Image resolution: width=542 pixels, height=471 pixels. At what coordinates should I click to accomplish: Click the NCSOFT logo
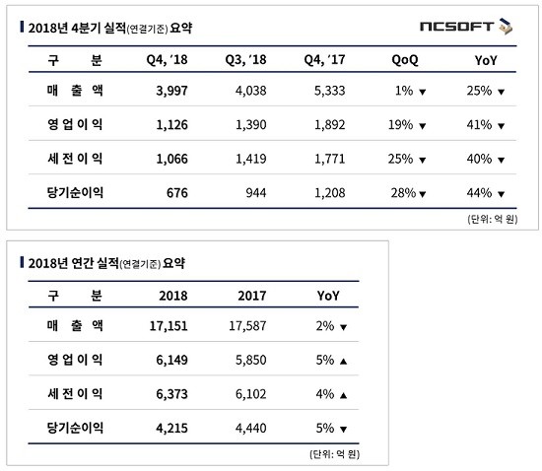pos(466,27)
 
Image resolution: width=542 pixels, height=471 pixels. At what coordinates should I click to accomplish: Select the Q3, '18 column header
pos(245,60)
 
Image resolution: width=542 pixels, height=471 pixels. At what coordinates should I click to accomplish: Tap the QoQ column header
pos(405,60)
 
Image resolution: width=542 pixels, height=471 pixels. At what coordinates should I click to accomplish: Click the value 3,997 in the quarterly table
pos(171,91)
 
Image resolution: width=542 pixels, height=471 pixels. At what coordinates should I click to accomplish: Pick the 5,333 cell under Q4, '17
pos(329,91)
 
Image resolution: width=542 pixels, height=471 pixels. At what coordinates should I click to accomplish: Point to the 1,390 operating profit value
pos(251,125)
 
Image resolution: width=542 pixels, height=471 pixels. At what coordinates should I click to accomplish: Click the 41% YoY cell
pos(479,125)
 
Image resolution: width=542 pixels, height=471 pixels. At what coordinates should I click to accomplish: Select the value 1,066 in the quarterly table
pos(171,159)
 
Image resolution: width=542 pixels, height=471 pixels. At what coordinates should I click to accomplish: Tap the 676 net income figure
pos(177,193)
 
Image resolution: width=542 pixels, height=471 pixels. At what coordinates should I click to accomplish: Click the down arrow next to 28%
pos(422,194)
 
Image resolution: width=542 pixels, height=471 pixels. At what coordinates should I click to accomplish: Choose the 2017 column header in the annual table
pos(252,296)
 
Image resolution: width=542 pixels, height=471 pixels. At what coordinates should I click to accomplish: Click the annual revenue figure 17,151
pos(169,326)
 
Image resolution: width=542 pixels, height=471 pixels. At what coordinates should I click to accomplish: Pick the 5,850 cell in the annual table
pos(251,360)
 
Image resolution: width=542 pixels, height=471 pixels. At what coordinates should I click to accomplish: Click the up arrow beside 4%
pos(343,395)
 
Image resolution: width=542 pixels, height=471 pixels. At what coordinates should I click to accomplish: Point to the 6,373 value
pos(171,394)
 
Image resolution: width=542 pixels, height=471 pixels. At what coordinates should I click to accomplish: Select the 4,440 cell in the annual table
pos(251,429)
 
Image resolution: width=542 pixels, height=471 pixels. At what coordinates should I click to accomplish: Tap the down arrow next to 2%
pos(343,327)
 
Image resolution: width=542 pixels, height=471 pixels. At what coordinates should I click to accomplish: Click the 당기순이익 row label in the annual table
pos(75,428)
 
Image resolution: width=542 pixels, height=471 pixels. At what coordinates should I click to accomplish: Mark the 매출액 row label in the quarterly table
pos(75,91)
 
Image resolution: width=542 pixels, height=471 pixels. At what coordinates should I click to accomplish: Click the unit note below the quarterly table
pos(492,219)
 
